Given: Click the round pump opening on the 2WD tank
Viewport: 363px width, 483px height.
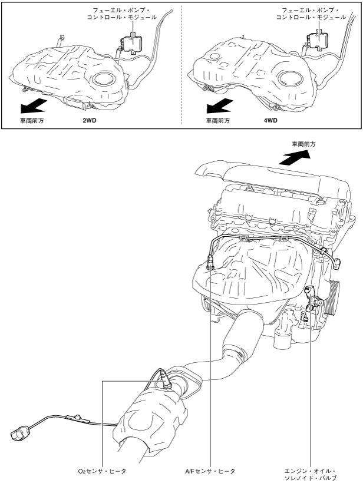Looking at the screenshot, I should pyautogui.click(x=105, y=80).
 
